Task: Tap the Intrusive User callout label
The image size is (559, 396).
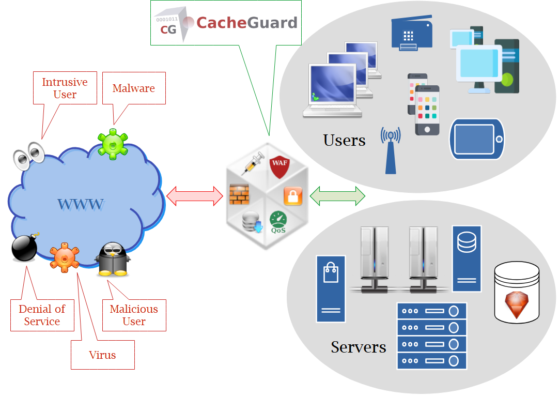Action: coord(65,88)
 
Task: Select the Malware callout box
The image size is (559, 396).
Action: coord(134,88)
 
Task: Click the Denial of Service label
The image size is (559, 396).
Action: coord(42,315)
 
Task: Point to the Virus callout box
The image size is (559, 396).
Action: coord(102,355)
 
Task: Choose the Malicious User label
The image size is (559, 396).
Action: coord(134,315)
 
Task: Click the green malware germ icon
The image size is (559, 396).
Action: coord(113,144)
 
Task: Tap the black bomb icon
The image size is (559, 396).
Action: coord(24,248)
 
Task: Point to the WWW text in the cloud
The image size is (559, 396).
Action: coord(81,204)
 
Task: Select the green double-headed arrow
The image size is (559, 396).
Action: coord(337,196)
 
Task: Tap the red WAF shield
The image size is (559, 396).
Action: coord(279,167)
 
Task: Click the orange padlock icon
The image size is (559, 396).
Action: coord(292,196)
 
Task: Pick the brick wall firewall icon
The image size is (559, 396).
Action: coord(239,194)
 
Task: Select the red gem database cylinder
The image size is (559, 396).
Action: coord(517,292)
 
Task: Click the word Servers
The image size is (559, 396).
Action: coord(359,346)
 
